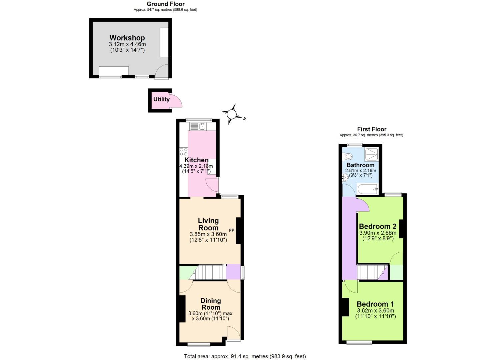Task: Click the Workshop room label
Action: (x=127, y=38)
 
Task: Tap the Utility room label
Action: (x=161, y=99)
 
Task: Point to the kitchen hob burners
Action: (x=184, y=152)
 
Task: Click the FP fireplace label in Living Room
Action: (x=232, y=230)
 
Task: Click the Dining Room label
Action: (x=211, y=304)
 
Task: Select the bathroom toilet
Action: (x=348, y=156)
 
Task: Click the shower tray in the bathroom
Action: (x=372, y=154)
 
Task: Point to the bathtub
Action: (x=368, y=189)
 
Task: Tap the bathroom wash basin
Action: (x=345, y=178)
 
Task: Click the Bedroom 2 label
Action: (x=378, y=226)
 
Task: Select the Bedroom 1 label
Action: (x=375, y=304)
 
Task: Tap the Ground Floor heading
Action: (x=166, y=4)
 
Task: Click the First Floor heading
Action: (x=372, y=129)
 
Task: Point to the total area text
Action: (x=245, y=356)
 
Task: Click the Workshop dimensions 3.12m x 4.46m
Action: (x=127, y=44)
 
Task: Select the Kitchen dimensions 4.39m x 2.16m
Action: (x=196, y=166)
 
